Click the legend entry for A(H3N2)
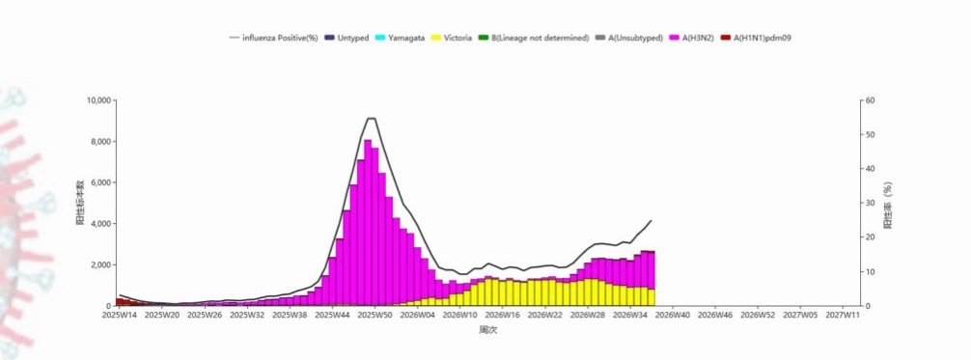[x=692, y=38]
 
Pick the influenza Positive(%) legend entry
[x=274, y=38]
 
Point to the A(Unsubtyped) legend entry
[x=629, y=38]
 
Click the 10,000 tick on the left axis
[x=99, y=100]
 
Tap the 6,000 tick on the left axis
[x=101, y=182]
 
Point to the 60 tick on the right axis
[x=870, y=100]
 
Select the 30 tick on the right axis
[x=870, y=204]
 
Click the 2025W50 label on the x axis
[x=375, y=315]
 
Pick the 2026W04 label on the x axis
[x=417, y=315]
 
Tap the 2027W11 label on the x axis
[x=844, y=315]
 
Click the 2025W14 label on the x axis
[x=120, y=315]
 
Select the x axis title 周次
[x=488, y=330]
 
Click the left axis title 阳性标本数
[x=80, y=203]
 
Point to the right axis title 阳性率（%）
[x=888, y=206]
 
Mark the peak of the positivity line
[x=372, y=118]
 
